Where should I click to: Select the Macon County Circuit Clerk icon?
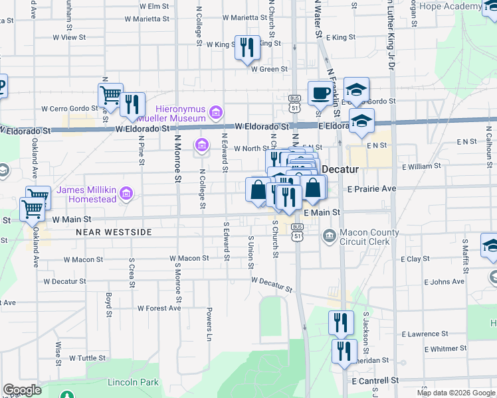click(x=329, y=236)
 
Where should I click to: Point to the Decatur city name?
click(x=341, y=169)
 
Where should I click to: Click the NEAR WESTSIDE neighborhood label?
click(x=114, y=232)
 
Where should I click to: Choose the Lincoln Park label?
click(x=134, y=383)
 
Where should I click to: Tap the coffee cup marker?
click(x=320, y=94)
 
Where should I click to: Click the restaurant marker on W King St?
click(x=247, y=48)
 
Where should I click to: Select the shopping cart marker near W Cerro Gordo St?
click(x=110, y=96)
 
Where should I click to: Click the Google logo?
click(x=22, y=390)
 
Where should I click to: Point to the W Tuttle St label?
click(x=86, y=358)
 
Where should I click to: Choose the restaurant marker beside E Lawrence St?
click(x=341, y=324)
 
